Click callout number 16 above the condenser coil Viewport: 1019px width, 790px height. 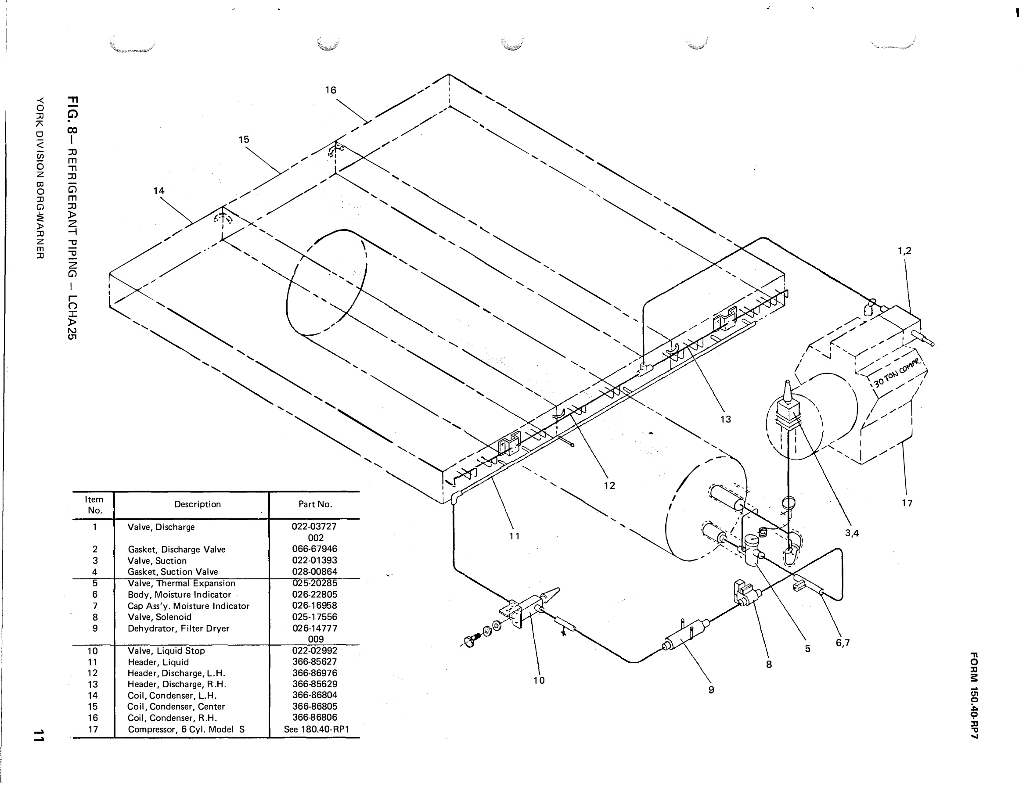331,90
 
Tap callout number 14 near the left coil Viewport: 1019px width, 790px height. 158,191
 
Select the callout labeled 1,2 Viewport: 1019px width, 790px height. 904,251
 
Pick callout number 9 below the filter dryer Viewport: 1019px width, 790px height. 711,690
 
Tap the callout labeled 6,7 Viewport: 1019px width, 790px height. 843,643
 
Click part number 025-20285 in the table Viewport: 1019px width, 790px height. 314,583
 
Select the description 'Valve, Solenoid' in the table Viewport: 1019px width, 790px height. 159,617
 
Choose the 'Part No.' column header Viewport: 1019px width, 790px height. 315,504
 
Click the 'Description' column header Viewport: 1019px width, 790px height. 198,504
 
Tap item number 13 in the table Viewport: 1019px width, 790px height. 93,684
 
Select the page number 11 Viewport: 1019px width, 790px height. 39,736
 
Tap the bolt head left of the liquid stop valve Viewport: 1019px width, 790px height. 469,640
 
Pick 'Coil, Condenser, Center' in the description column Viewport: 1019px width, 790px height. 176,707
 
